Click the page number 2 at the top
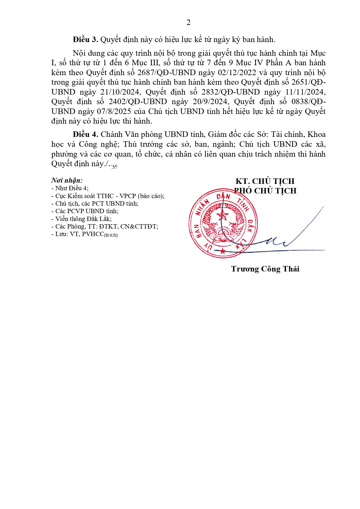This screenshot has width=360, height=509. [x=188, y=23]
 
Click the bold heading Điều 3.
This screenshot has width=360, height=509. [x=85, y=40]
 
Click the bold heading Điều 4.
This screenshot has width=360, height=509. [x=85, y=135]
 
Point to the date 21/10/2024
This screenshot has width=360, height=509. [x=120, y=92]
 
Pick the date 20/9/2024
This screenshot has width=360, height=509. [x=210, y=102]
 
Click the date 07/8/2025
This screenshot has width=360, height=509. [x=115, y=112]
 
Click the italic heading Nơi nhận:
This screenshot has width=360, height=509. [x=67, y=180]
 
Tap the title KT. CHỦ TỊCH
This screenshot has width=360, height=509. [x=265, y=181]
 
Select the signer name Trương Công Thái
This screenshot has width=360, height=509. [x=265, y=269]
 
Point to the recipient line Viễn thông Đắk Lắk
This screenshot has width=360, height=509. [x=82, y=219]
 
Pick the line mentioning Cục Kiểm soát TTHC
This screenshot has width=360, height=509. [x=108, y=196]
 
